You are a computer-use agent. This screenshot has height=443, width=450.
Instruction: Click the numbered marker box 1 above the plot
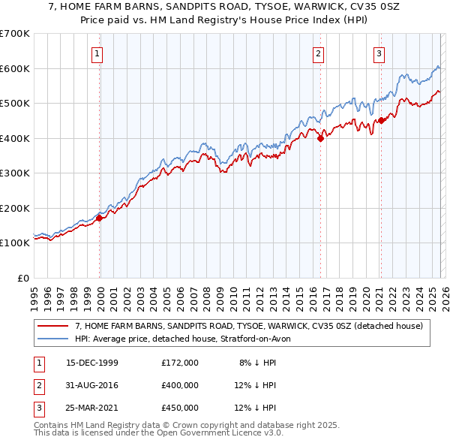tap(98, 53)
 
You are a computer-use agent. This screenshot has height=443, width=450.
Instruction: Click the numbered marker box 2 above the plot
tap(319, 53)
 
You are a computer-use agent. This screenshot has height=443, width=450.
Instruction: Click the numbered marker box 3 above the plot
tap(379, 53)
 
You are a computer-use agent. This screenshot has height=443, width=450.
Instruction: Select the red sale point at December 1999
tap(99, 218)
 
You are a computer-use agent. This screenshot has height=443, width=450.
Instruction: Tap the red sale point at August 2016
tap(320, 138)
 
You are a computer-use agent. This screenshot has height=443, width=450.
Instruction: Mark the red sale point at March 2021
tap(381, 120)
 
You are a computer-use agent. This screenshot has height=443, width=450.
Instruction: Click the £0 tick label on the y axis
tap(22, 278)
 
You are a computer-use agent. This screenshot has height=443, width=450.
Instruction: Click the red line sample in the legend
tap(54, 326)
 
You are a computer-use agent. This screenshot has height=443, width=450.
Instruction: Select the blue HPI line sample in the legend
tap(54, 339)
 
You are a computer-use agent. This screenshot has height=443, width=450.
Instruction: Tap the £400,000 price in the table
tap(179, 385)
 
